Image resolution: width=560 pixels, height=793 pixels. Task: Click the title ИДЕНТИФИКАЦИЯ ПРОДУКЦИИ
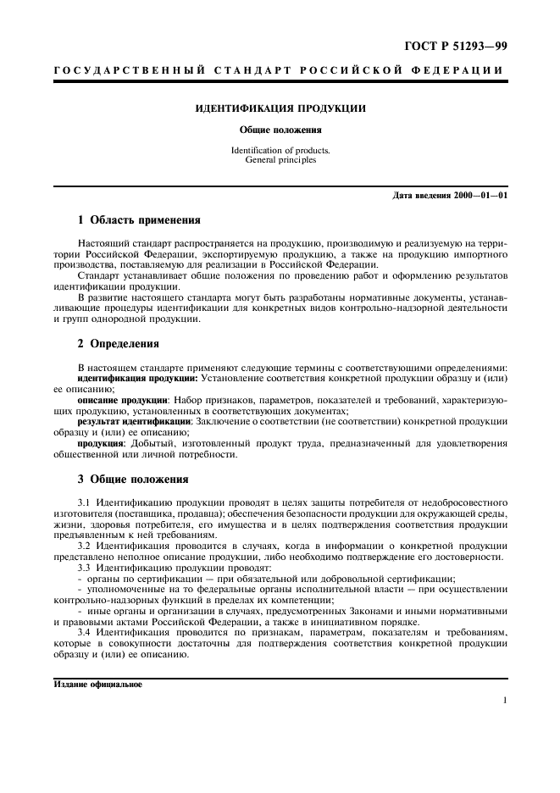point(280,110)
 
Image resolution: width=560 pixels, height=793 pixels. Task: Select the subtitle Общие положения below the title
point(280,130)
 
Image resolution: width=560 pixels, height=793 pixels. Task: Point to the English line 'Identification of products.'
point(280,150)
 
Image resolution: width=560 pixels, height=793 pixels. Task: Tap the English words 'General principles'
point(280,159)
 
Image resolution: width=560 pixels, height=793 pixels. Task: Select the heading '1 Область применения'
point(139,220)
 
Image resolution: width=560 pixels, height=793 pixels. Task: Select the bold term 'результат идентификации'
point(134,420)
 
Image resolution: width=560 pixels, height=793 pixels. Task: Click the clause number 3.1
point(84,502)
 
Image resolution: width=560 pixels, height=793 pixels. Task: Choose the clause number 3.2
point(84,545)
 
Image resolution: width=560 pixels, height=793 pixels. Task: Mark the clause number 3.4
point(84,633)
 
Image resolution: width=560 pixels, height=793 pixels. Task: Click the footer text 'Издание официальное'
point(97,684)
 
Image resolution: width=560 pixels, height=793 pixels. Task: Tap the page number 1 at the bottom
point(504,701)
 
